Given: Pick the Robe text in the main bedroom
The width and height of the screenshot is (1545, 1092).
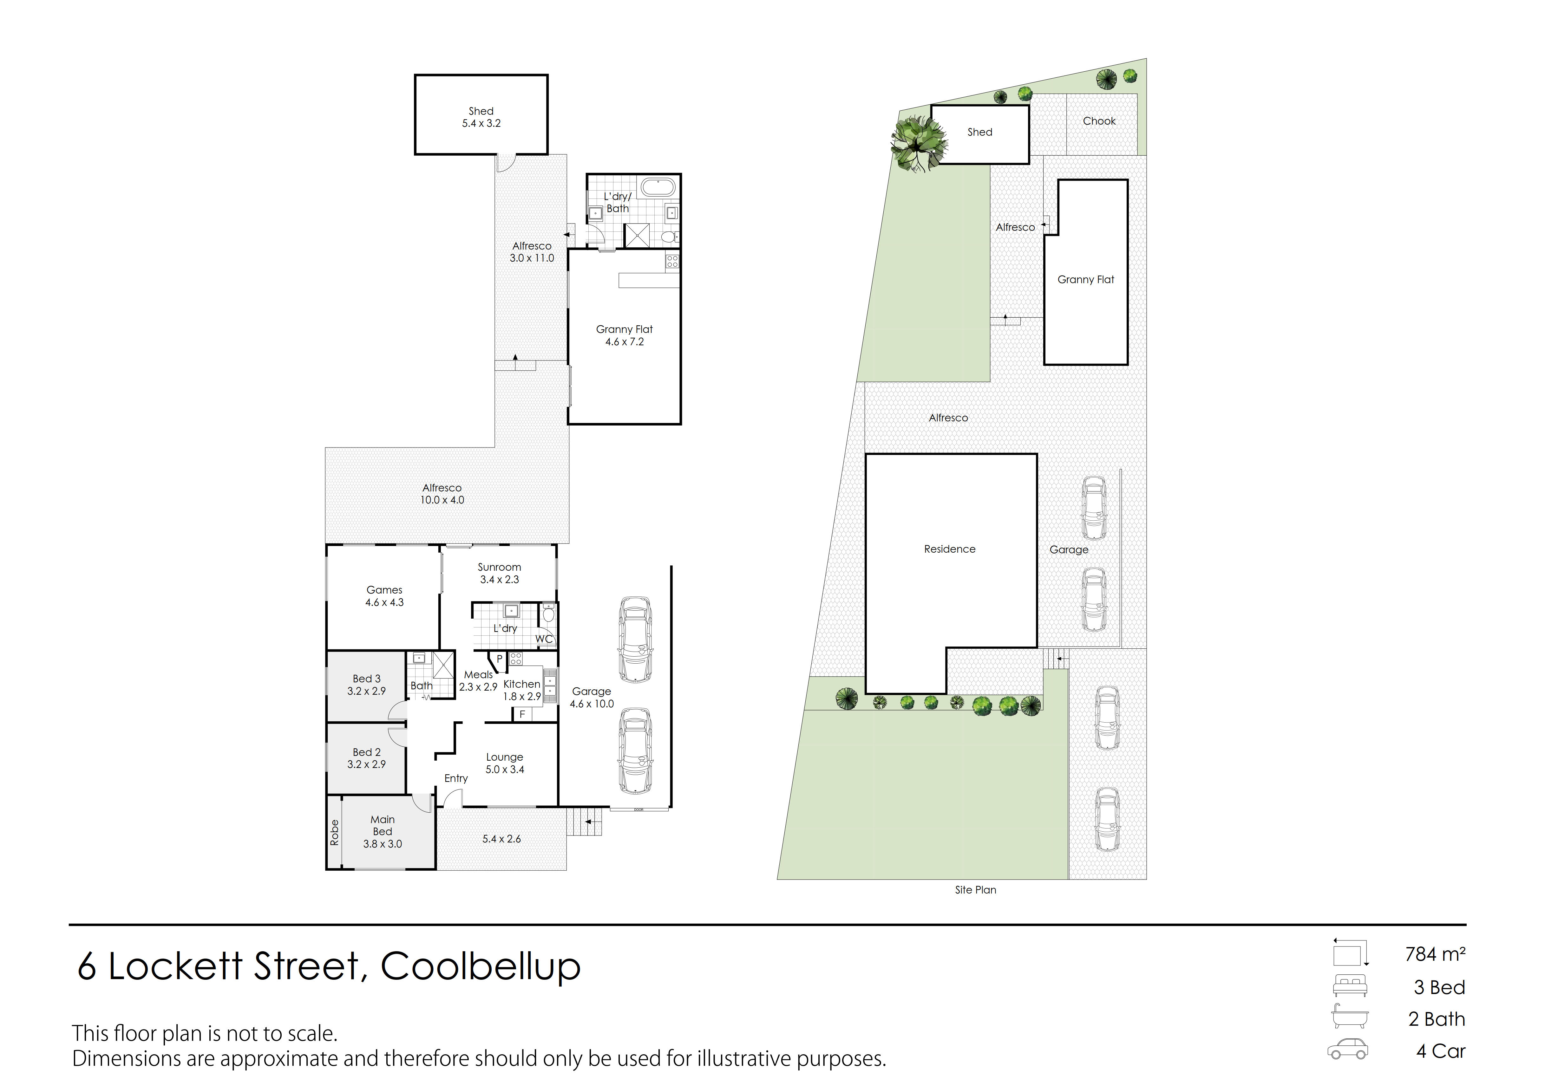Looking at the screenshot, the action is [x=334, y=832].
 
